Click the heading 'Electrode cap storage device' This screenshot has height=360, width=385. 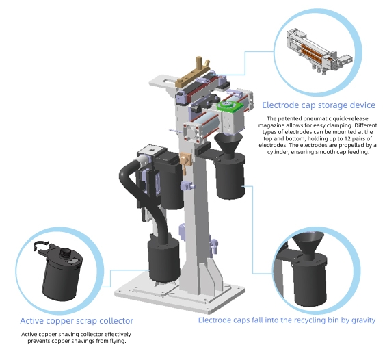pos(319,105)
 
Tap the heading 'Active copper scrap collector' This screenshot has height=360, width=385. pos(77,321)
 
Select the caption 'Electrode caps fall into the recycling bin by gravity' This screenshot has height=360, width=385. pos(287,320)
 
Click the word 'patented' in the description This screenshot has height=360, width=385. pos(290,118)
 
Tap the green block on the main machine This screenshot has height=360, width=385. pos(230,105)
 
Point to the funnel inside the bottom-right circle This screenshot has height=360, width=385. pos(308,243)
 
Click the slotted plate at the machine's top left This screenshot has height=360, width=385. pos(162,81)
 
